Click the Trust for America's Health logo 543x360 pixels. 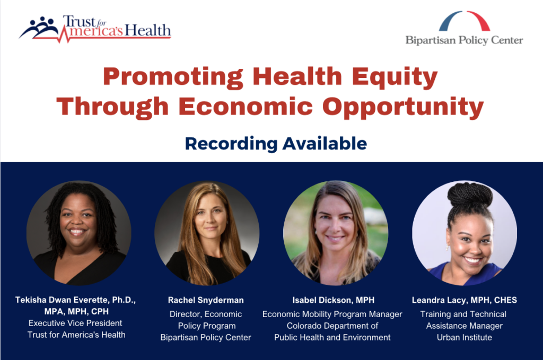click(95, 29)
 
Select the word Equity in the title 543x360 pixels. click(395, 77)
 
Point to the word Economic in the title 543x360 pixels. click(246, 106)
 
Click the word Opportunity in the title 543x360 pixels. click(403, 107)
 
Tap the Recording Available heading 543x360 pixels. click(276, 144)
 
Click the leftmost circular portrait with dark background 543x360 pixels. click(79, 233)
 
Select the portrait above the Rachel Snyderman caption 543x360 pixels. click(207, 233)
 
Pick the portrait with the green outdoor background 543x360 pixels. click(336, 233)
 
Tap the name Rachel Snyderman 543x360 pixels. click(206, 300)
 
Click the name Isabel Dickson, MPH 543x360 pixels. click(333, 300)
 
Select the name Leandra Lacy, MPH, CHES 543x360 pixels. click(465, 300)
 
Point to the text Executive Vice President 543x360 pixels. click(75, 323)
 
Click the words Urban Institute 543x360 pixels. click(465, 338)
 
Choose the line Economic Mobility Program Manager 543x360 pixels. click(332, 314)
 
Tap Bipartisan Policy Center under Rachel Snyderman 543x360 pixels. click(206, 338)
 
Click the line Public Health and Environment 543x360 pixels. click(332, 338)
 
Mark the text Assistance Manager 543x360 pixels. click(465, 326)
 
